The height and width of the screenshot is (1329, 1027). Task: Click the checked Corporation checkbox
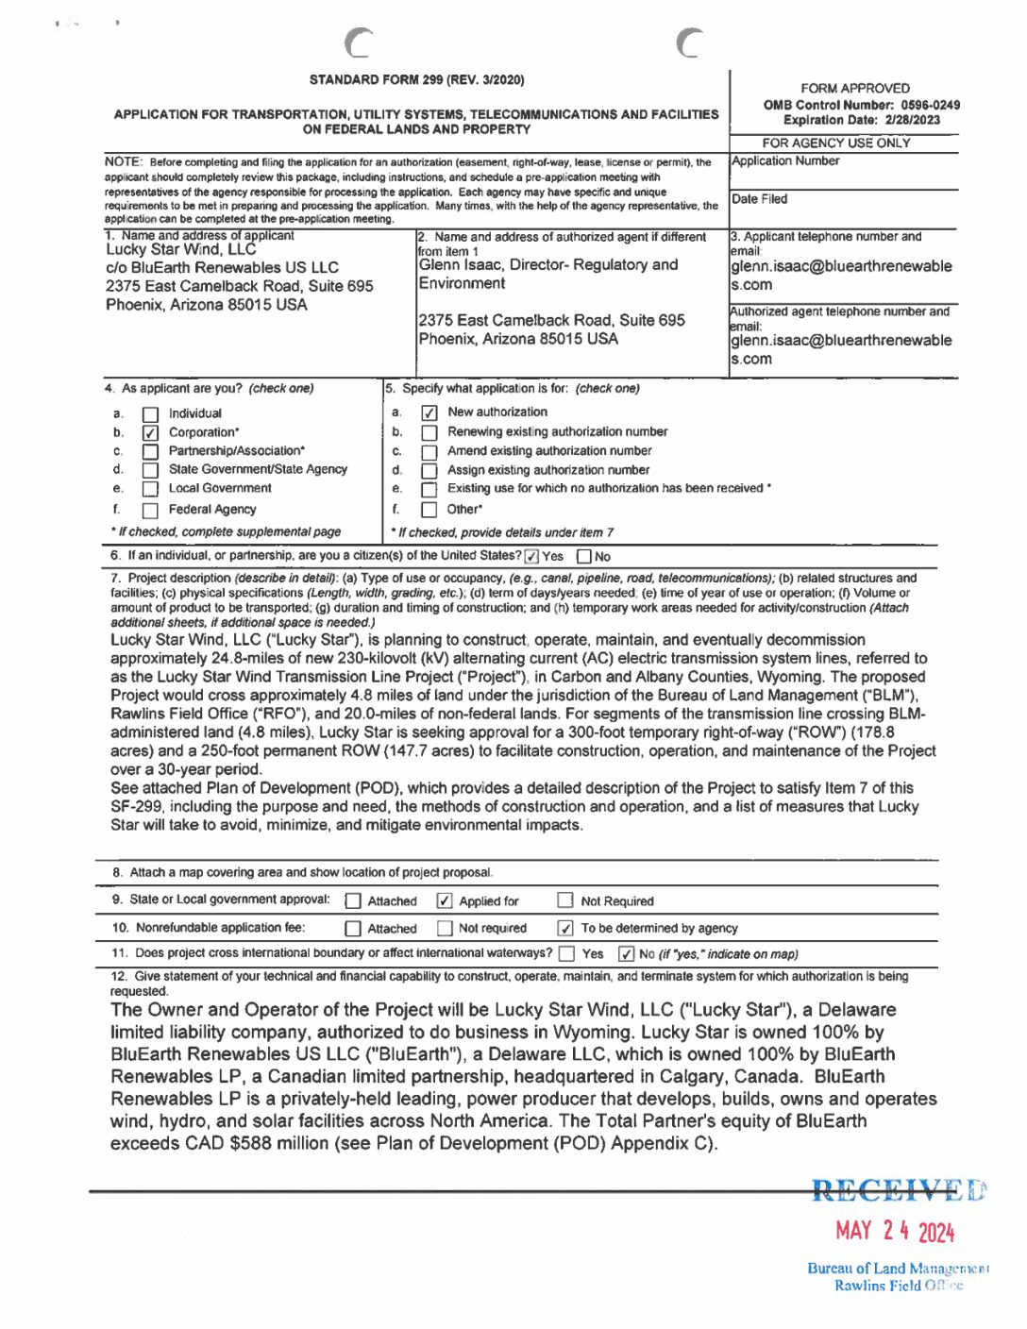[x=149, y=433]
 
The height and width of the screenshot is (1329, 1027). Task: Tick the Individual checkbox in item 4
[x=149, y=414]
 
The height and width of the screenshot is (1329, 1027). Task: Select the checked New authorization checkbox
[x=429, y=412]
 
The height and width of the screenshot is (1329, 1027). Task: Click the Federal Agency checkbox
[x=149, y=511]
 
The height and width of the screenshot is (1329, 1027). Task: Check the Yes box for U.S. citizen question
[x=531, y=557]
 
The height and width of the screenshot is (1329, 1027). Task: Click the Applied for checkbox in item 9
[x=445, y=901]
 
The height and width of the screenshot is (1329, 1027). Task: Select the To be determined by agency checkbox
[x=565, y=929]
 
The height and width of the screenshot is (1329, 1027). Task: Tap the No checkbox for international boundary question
[x=626, y=954]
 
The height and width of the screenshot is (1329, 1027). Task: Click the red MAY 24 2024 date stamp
[x=895, y=1231]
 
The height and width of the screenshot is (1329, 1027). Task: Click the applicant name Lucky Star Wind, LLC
[x=181, y=250]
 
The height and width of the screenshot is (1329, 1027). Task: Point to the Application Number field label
[x=785, y=161]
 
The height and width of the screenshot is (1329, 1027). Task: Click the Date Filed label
[x=759, y=199]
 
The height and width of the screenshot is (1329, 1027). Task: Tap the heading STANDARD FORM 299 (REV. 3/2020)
[x=416, y=80]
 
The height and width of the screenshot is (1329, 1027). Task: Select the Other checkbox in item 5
[x=429, y=511]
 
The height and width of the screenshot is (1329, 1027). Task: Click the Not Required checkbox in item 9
[x=565, y=901]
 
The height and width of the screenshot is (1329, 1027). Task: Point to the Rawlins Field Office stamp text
[x=898, y=1286]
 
